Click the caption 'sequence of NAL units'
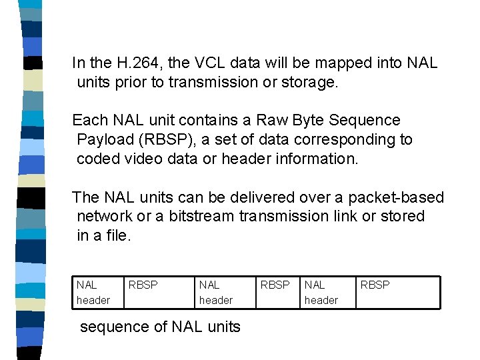(x=160, y=327)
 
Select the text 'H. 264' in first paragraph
(x=139, y=63)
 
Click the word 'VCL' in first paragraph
(x=209, y=63)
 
